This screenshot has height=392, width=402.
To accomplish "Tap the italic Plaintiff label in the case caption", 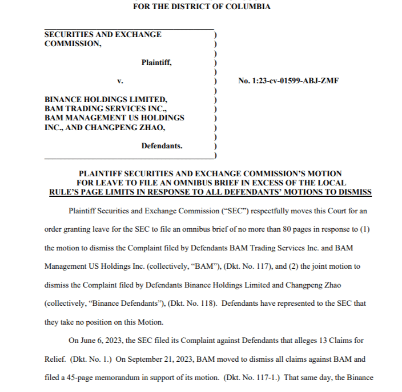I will (156, 63).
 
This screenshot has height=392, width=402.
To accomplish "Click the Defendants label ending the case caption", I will (162, 146).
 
